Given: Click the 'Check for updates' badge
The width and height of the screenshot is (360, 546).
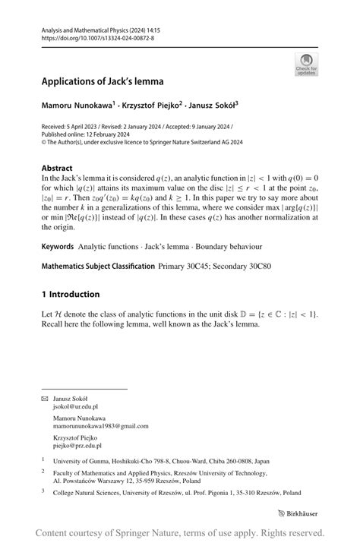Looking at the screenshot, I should pos(306,64).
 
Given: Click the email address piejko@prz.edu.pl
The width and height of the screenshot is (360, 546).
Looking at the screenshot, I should pos(77,446).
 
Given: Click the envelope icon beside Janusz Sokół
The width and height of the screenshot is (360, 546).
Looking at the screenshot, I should pos(44,399).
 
